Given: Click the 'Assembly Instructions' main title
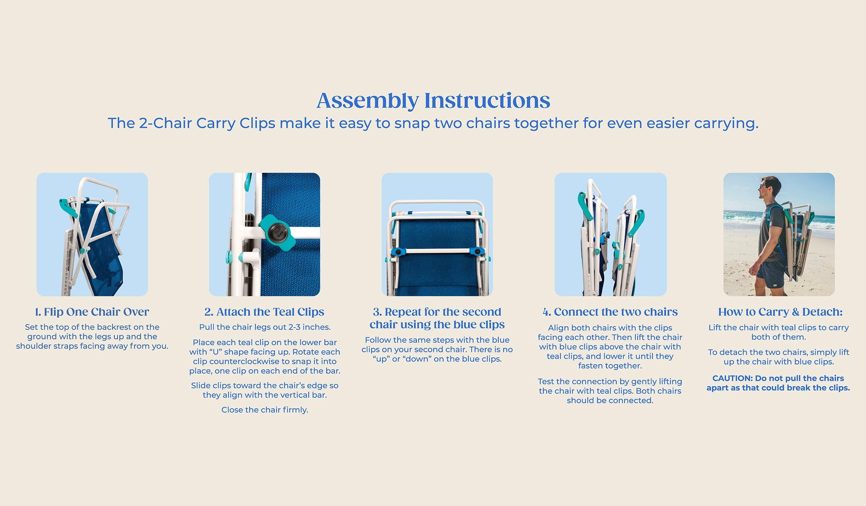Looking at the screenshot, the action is tap(433, 101).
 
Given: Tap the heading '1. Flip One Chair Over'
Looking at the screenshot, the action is tap(92, 312).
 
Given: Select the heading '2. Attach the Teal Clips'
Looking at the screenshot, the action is tap(264, 312).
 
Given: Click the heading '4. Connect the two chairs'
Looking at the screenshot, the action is tap(610, 312).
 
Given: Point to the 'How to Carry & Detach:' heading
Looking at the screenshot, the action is tap(780, 312).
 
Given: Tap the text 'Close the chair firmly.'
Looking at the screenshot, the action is tap(265, 410).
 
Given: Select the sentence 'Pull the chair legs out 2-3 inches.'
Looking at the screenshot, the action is tap(265, 327).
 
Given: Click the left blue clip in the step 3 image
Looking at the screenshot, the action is tap(398, 252).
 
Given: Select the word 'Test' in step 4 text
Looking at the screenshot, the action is tap(546, 381).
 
